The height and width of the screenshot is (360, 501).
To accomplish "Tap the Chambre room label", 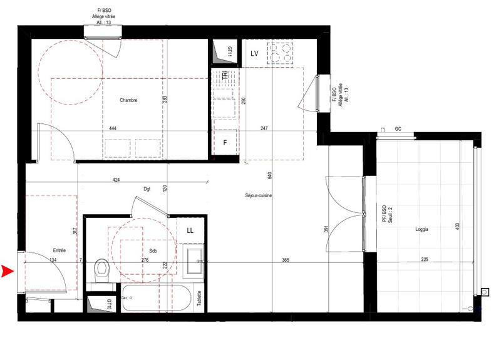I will (128, 100).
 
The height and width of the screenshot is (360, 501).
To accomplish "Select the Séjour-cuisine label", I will (259, 196).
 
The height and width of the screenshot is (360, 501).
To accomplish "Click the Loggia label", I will (421, 230).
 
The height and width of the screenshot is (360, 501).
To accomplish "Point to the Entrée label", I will (60, 250).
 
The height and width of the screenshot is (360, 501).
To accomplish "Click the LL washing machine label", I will (190, 230).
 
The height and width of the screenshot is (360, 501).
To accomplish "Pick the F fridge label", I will (225, 142).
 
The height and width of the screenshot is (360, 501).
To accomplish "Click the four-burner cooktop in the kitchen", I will (281, 53).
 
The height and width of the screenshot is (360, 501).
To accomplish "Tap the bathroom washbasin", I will (195, 262).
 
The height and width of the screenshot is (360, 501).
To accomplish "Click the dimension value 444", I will (113, 128).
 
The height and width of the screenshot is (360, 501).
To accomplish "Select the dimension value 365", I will (285, 259).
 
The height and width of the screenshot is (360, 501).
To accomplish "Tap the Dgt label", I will (147, 188).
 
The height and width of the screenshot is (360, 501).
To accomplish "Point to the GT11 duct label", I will (230, 52).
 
